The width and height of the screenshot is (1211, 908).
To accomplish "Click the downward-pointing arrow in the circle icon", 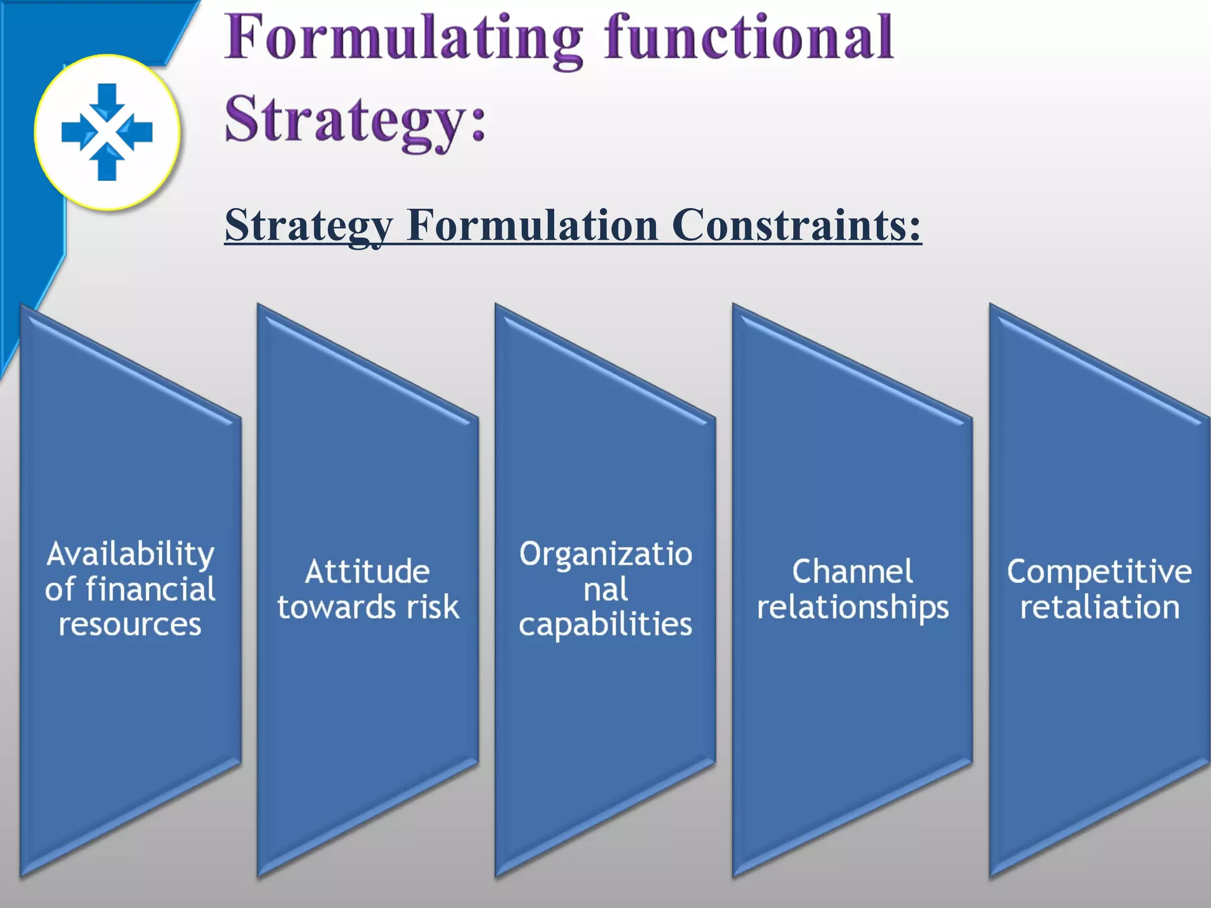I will [107, 100].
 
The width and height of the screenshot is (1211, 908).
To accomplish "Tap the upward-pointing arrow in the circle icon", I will [107, 163].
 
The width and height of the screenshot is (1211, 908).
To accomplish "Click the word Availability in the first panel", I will [130, 554].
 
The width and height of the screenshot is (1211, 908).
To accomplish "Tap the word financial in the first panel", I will [150, 589].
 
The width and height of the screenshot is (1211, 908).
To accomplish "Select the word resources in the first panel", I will [130, 625].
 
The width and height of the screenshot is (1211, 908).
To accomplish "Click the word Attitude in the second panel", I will [367, 572].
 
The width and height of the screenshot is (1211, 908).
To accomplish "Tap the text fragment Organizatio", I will [605, 554].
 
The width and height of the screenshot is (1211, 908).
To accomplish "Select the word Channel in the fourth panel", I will [853, 572].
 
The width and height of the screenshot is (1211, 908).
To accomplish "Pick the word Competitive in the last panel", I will [1099, 572].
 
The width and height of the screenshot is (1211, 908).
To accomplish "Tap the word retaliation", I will [1099, 607].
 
